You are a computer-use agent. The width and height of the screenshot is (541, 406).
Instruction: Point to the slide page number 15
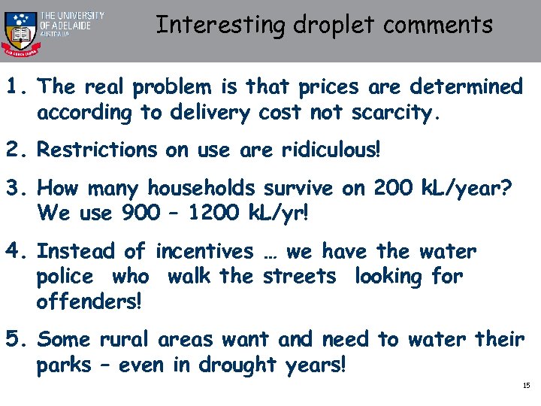point(526,386)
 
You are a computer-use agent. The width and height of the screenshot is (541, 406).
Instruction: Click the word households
point(201,187)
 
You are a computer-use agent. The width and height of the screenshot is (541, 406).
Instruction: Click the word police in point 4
point(65,276)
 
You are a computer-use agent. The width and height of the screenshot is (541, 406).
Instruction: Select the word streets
point(300,276)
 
